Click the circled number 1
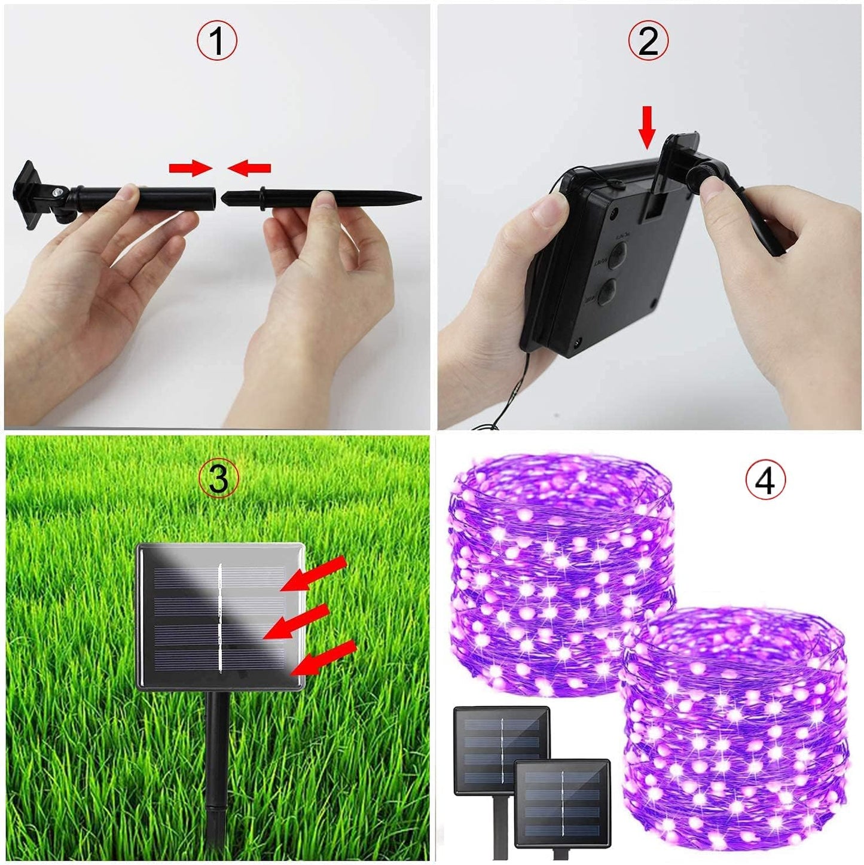coord(217,41)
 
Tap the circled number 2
coord(648,41)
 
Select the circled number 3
coord(219,479)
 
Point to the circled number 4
coord(766,481)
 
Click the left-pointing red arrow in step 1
coord(249,169)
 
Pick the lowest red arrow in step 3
coord(327,657)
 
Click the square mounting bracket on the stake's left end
coord(28,194)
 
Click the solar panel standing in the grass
coord(221,616)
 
